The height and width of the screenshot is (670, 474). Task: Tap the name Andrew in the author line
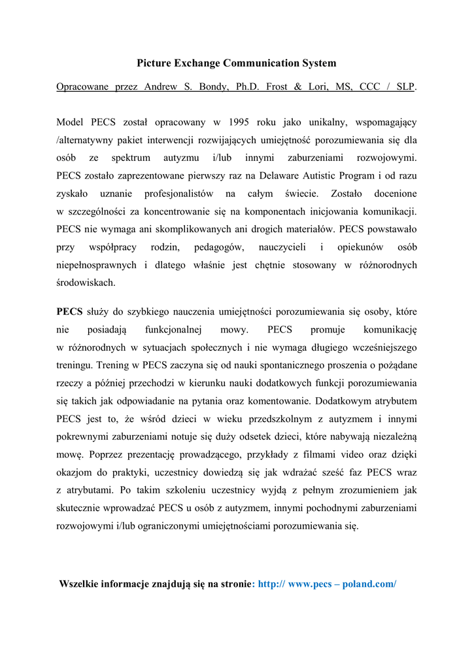coord(160,87)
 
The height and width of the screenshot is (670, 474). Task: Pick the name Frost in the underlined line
coord(280,87)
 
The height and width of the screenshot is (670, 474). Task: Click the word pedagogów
coord(218,247)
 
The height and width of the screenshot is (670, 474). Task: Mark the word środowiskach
coord(86,283)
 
